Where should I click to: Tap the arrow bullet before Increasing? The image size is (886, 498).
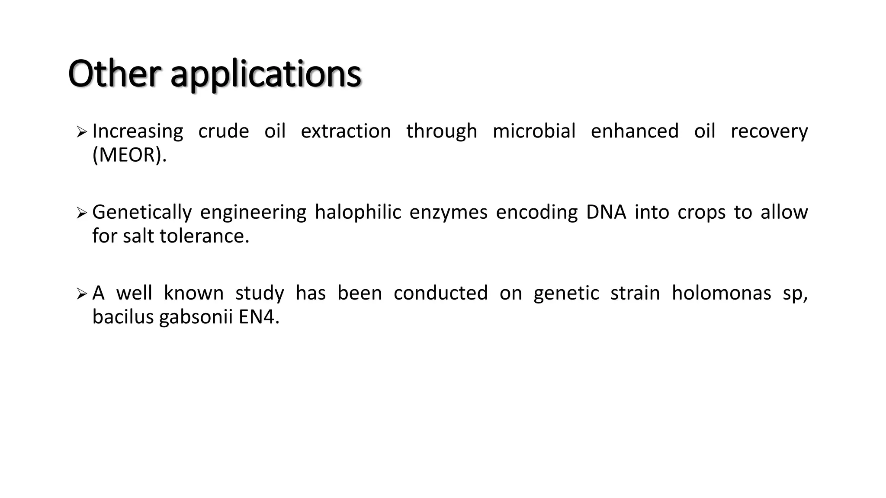click(x=81, y=132)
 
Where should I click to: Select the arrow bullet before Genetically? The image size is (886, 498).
click(x=81, y=213)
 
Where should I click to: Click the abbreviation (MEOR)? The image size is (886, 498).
click(x=129, y=155)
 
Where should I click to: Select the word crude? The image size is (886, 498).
click(x=224, y=131)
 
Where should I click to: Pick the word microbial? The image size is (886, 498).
click(x=534, y=131)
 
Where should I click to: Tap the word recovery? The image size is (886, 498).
click(x=769, y=132)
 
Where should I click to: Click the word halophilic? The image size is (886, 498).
click(x=358, y=213)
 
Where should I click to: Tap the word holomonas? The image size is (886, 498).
click(x=721, y=293)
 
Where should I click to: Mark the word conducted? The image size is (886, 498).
click(x=440, y=293)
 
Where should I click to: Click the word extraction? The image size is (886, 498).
click(x=346, y=131)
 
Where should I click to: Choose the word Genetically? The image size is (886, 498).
click(x=142, y=213)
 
